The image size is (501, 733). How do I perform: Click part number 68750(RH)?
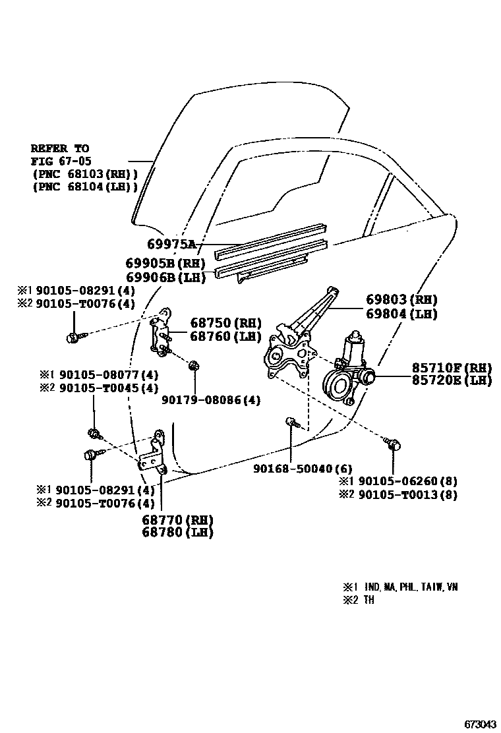pos(225,323)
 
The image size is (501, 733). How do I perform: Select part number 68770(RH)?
pos(177,519)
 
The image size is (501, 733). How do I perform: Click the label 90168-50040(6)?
pos(303,469)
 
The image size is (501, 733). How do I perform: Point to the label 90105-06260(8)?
pos(406,481)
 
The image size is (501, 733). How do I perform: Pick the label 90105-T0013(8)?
pos(406,494)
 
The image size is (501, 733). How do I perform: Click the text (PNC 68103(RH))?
pos(84,173)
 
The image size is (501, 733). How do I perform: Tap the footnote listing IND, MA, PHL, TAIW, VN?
pos(400,587)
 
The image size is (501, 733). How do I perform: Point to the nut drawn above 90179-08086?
pos(194,366)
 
